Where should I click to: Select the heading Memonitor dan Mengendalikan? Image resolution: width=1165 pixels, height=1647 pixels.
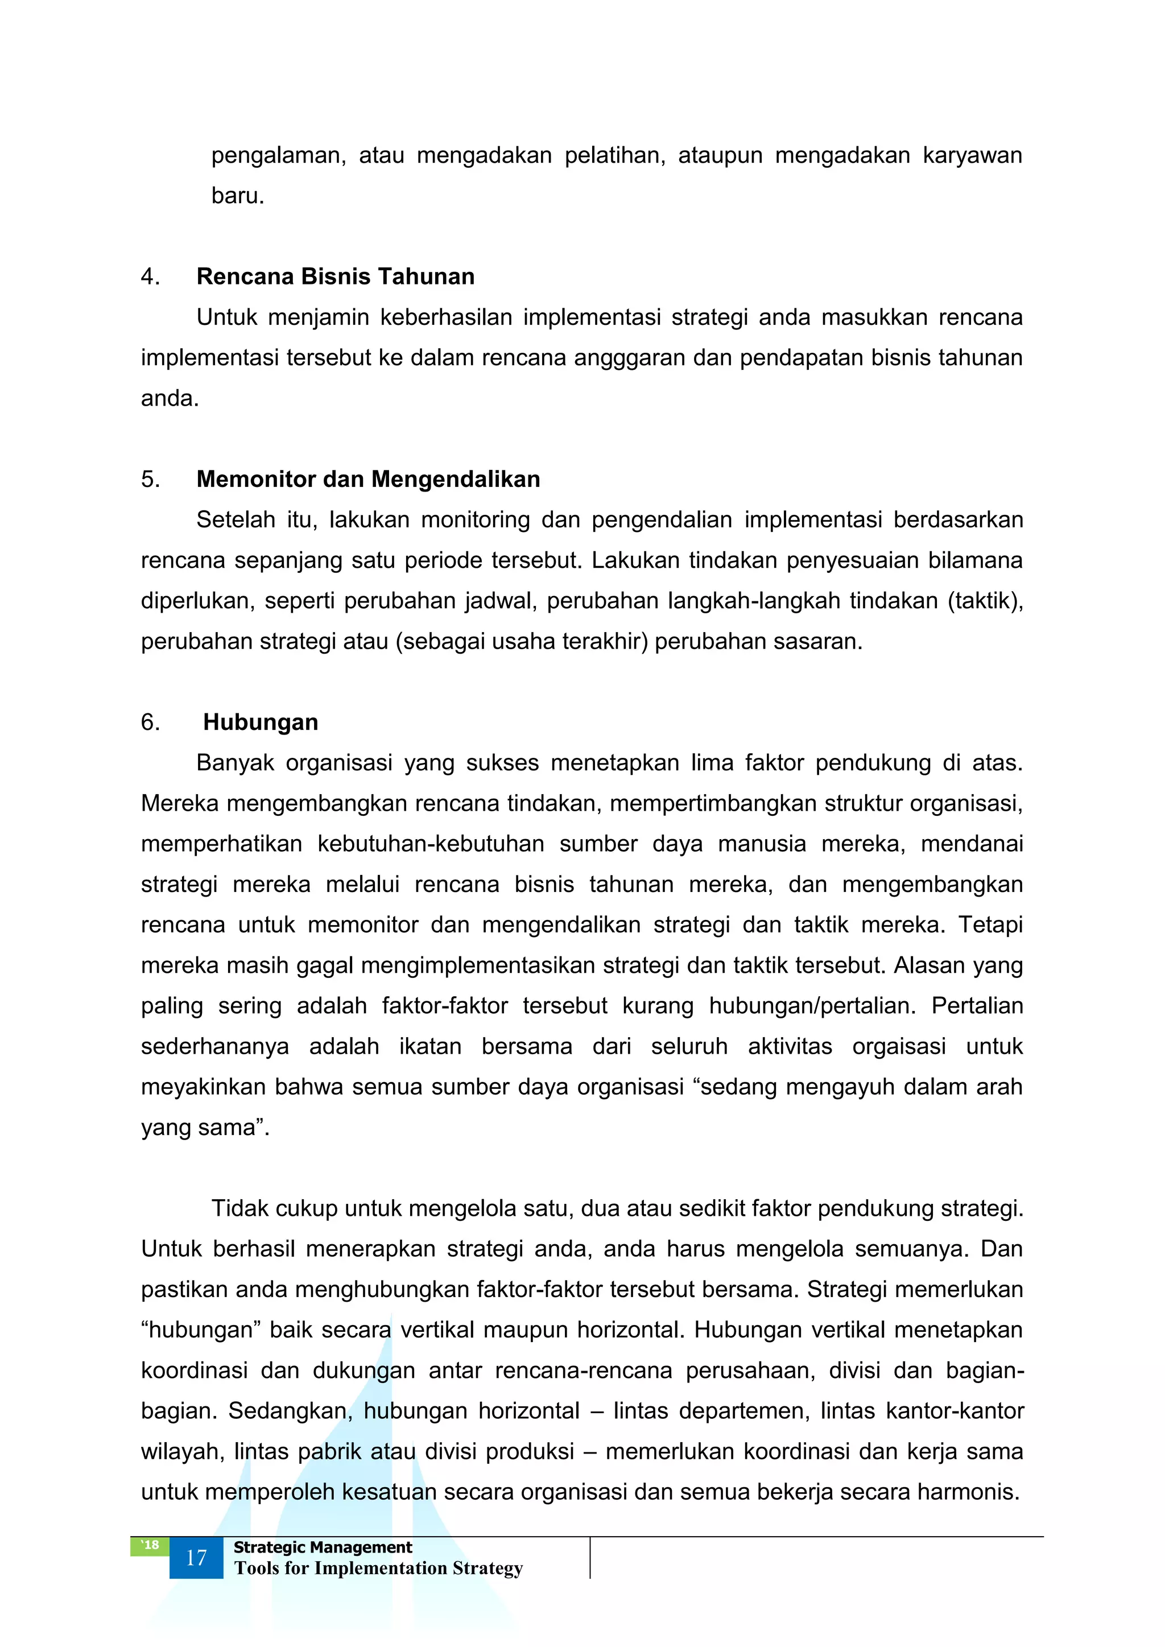pos(368,478)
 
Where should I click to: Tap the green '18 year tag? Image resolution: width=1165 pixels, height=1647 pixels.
pos(150,1545)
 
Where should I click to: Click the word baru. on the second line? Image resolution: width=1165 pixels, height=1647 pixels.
pos(237,195)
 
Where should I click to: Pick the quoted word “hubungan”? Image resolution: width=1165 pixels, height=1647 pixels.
pos(201,1330)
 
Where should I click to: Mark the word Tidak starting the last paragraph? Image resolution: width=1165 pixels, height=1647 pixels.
pos(239,1209)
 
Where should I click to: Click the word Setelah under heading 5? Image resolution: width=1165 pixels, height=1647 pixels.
pos(236,519)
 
